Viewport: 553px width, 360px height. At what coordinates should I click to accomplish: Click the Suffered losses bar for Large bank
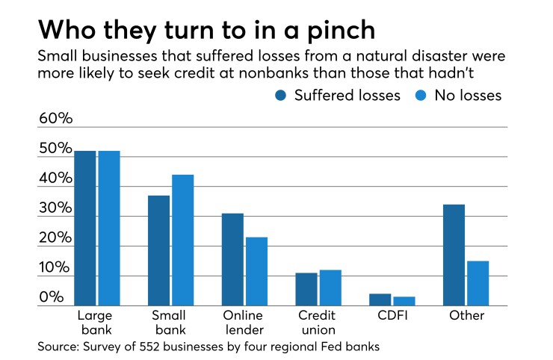pyautogui.click(x=85, y=228)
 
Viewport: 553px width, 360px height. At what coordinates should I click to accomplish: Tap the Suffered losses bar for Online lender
pyautogui.click(x=232, y=259)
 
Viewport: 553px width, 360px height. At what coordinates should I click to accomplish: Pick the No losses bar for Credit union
pyautogui.click(x=330, y=288)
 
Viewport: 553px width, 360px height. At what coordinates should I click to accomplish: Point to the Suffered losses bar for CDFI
pyautogui.click(x=380, y=300)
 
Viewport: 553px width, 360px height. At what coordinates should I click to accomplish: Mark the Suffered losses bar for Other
pyautogui.click(x=454, y=255)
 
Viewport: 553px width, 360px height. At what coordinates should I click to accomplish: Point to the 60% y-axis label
pyautogui.click(x=56, y=119)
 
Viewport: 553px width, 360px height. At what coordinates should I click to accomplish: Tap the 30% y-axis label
pyautogui.click(x=56, y=208)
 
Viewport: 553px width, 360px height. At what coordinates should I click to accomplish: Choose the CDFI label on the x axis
pyautogui.click(x=392, y=316)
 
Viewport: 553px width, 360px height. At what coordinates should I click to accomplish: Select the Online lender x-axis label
pyautogui.click(x=243, y=323)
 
